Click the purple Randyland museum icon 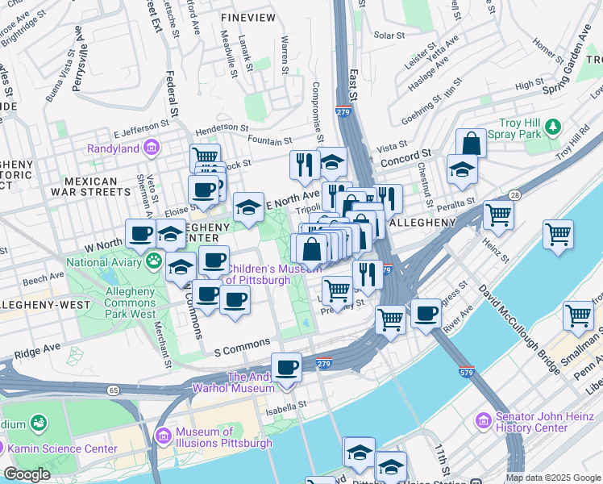(x=151, y=148)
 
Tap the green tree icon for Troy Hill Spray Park (x=552, y=127)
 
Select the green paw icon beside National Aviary (x=152, y=261)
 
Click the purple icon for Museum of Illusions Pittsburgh (x=164, y=436)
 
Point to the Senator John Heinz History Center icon (x=483, y=420)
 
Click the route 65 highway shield (x=112, y=390)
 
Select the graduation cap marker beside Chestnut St (x=462, y=169)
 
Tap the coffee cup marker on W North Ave (x=140, y=234)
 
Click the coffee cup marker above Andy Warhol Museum (x=286, y=368)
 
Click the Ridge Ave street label (x=37, y=353)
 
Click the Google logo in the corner (x=27, y=474)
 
